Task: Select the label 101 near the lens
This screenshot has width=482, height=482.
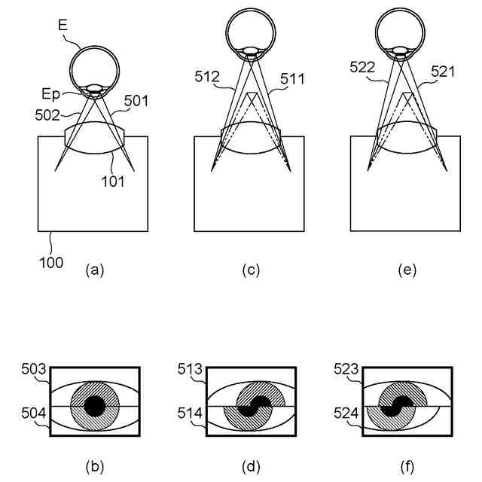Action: pyautogui.click(x=114, y=180)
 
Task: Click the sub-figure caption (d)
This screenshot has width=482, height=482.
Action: pyautogui.click(x=251, y=466)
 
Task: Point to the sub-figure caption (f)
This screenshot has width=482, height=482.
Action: pyautogui.click(x=407, y=466)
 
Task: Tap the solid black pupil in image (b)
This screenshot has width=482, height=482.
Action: pyautogui.click(x=94, y=407)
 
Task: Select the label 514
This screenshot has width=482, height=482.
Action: pyautogui.click(x=191, y=413)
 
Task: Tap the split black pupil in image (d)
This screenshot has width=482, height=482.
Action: pyautogui.click(x=251, y=407)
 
